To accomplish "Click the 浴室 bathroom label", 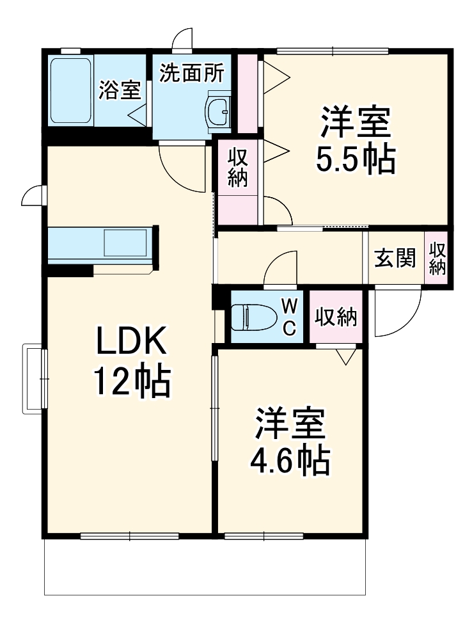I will [x=119, y=91].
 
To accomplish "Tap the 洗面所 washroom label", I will [x=191, y=73].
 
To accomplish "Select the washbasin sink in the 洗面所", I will [x=219, y=114].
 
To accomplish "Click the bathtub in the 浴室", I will [x=71, y=91].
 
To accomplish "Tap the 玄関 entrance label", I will [x=395, y=259].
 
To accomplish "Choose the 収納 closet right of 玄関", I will [x=437, y=259].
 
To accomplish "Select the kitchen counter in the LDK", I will [x=102, y=244].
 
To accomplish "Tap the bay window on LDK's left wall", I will [x=34, y=379].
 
